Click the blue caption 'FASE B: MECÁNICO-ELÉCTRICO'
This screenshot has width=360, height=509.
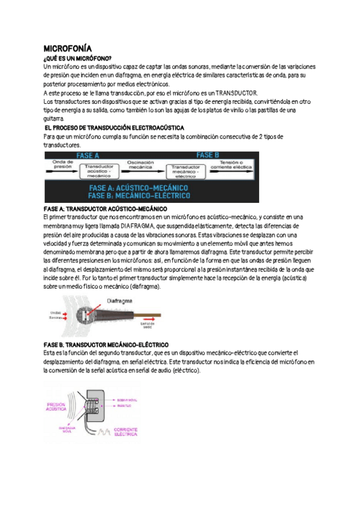coord(139,196)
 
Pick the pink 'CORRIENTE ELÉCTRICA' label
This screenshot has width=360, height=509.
coord(126,432)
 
